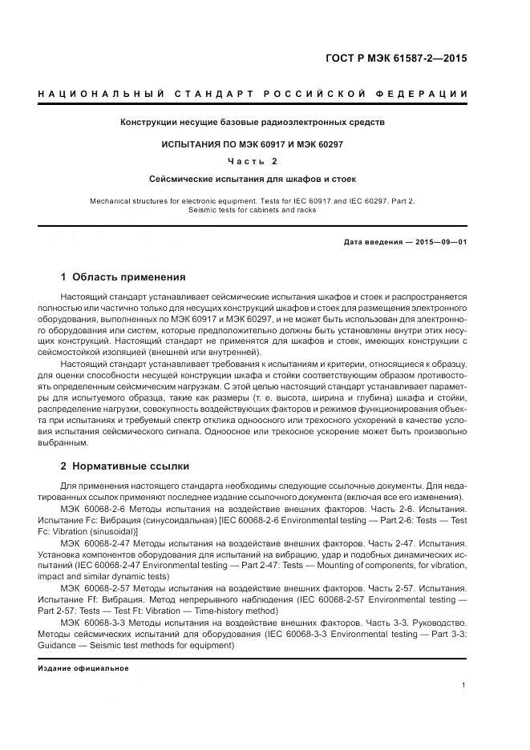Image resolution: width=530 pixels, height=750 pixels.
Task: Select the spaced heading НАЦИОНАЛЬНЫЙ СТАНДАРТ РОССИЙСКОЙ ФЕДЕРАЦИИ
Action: [253, 95]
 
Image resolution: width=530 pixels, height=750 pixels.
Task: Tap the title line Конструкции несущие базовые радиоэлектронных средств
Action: [253, 123]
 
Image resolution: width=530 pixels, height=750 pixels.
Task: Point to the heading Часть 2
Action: [253, 161]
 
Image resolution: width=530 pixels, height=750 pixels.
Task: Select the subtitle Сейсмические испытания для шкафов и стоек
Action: [253, 179]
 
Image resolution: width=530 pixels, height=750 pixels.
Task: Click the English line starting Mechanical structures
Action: [253, 200]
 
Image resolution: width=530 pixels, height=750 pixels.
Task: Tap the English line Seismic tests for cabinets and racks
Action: [253, 210]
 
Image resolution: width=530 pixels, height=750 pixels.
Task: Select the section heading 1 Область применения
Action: [123, 277]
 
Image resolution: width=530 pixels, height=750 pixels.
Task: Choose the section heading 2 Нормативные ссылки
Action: [124, 466]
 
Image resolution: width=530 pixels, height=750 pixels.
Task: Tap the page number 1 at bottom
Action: [464, 684]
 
